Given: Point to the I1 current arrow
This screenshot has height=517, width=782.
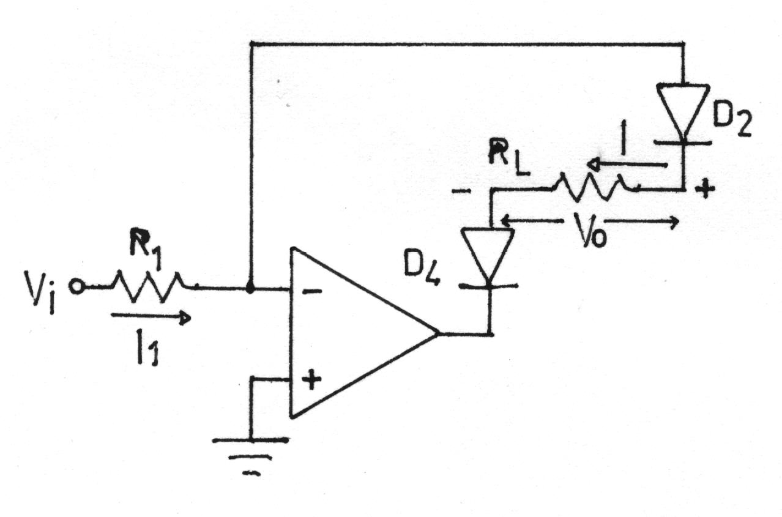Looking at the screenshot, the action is coord(151,318).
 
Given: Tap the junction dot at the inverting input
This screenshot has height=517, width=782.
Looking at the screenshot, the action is coord(250,289).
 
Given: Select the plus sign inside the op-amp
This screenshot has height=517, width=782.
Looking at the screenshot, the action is coord(311,380).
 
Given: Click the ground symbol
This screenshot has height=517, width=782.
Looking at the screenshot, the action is coord(251,456).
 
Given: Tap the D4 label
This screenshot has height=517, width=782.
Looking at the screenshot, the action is coord(422,272).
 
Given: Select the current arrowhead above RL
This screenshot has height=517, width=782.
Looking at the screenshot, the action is coord(594,165).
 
